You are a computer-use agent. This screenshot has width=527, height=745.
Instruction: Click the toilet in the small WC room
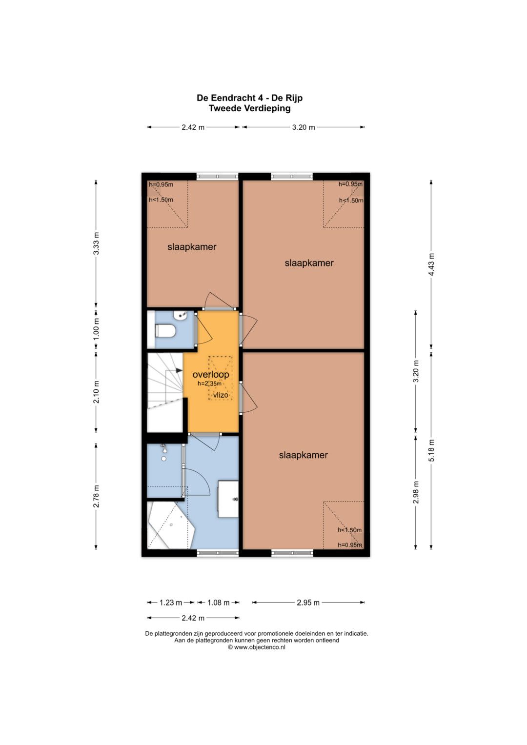coord(165,331)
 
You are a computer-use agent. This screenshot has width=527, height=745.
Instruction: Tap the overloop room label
coord(211,375)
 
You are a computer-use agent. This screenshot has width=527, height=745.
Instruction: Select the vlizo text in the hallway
coord(221,395)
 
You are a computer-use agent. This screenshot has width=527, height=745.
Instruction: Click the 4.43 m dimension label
coord(431,264)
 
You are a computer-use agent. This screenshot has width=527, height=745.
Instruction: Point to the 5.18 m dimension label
coord(431,450)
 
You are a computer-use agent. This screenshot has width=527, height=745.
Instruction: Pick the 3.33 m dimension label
coord(96,243)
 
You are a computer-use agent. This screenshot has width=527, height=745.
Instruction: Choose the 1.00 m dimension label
coord(96,329)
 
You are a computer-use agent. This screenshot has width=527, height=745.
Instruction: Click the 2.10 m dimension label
coord(96,392)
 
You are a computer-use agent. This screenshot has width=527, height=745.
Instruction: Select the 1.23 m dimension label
coord(171,603)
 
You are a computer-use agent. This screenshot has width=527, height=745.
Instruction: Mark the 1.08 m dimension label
coord(218,603)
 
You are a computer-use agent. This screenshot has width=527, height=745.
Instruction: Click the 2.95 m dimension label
coord(308,603)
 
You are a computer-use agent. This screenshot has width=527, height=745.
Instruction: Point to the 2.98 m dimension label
coord(416,492)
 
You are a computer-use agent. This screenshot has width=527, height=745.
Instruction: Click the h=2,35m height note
coord(209,383)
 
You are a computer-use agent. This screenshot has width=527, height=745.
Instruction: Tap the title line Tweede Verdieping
coord(249,108)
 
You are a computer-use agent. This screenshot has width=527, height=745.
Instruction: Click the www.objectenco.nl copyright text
coord(257,647)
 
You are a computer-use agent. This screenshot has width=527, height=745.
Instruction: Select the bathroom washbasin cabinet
coord(228,499)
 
